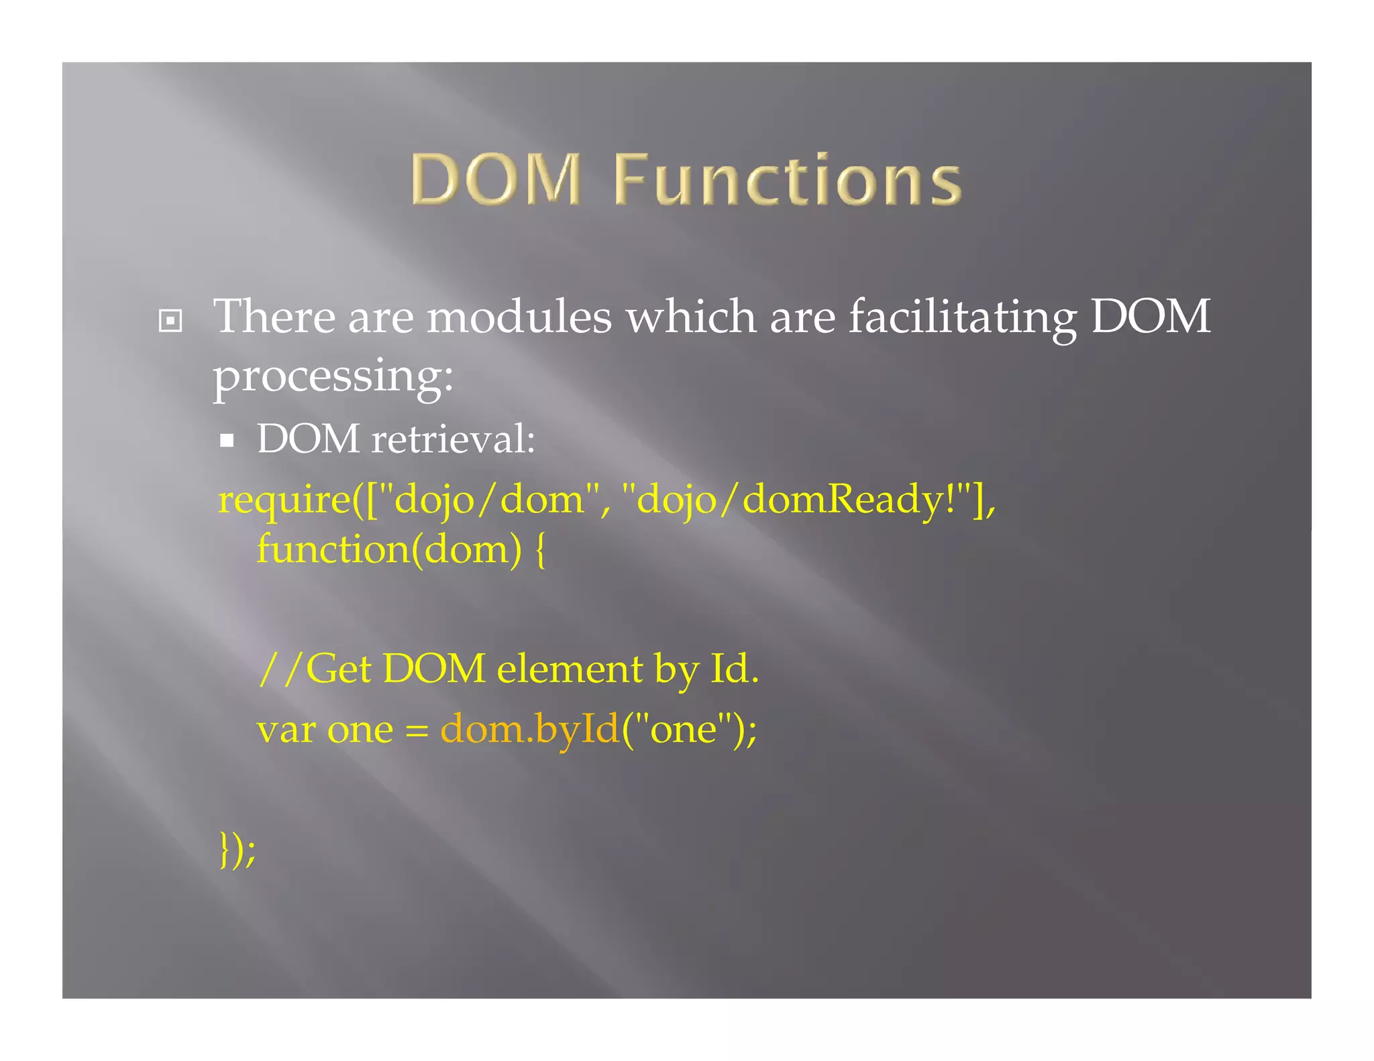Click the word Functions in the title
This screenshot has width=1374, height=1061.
coord(788,179)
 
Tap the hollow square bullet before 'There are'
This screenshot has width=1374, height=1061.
coord(170,321)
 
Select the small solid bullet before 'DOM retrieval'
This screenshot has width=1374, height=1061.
coord(227,441)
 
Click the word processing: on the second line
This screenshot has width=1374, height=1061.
coord(333,376)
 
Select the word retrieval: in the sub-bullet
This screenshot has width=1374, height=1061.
coord(453,439)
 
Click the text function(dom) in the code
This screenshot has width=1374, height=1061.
coord(388,549)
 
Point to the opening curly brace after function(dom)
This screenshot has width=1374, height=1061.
coord(541,551)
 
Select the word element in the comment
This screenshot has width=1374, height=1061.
coord(569,669)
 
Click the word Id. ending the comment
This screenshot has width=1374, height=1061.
coord(734,669)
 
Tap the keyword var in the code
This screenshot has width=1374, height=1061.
coord(286,730)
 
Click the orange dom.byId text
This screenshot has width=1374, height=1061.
coord(529,730)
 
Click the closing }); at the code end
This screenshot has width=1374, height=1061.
coord(237,850)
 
